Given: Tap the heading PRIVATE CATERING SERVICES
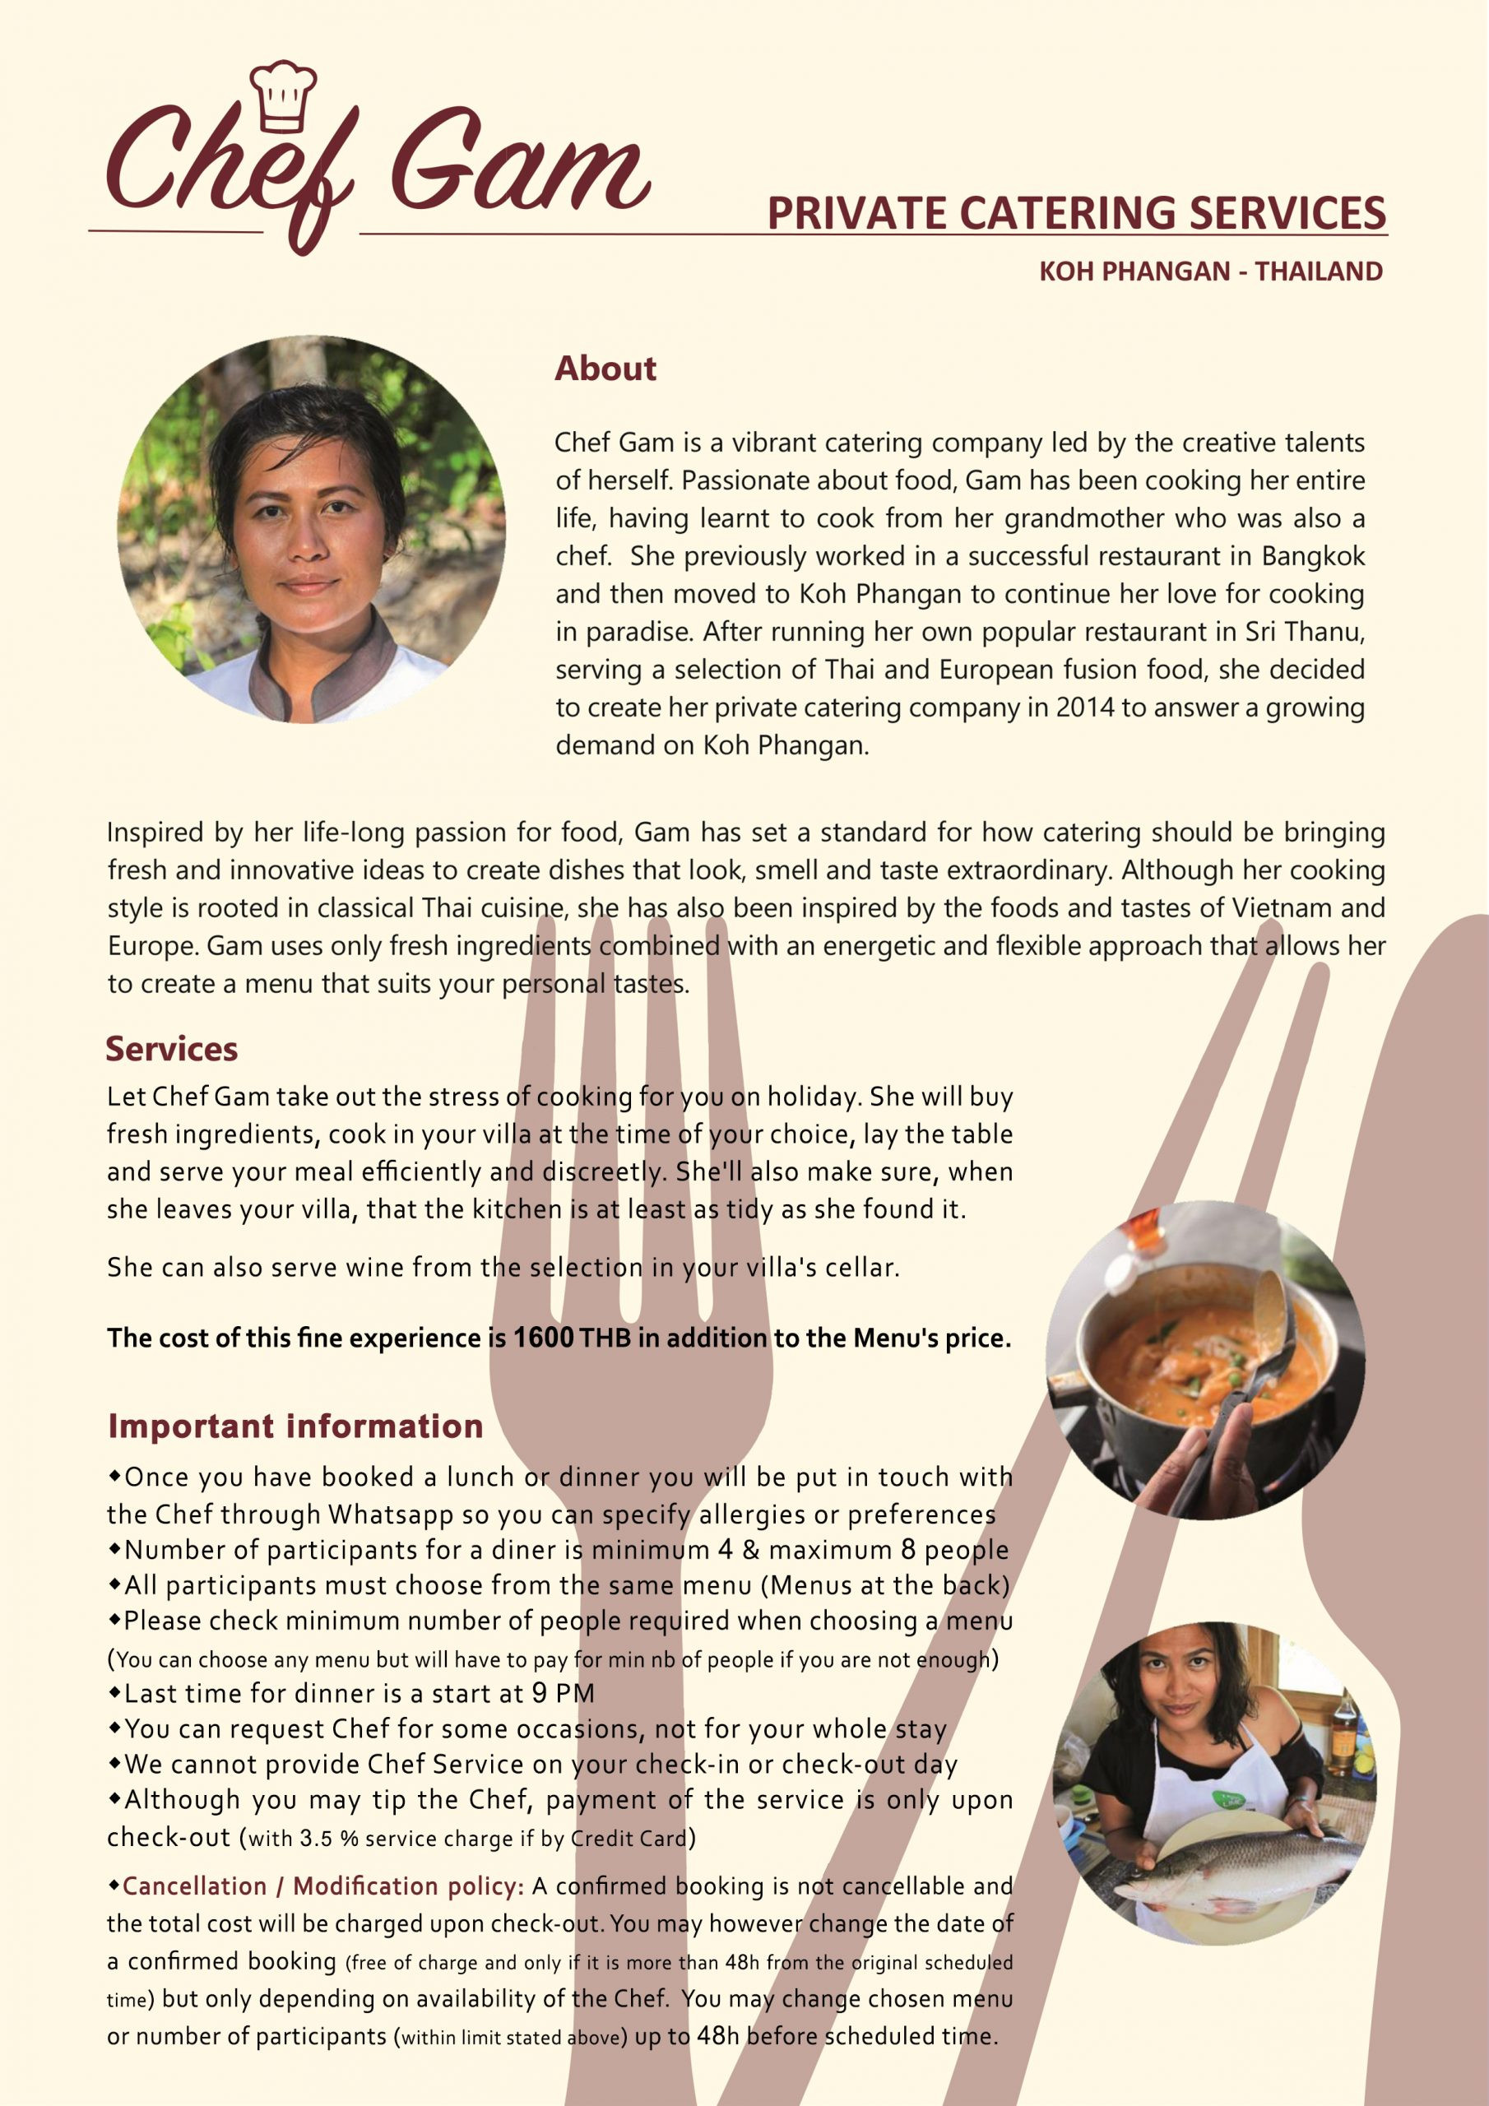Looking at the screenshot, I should click(x=1075, y=213).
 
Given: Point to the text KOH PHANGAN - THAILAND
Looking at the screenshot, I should click(x=1210, y=271).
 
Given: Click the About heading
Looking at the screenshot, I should click(x=605, y=369).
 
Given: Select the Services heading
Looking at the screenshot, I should click(x=172, y=1048).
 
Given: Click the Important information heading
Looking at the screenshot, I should click(x=295, y=1426).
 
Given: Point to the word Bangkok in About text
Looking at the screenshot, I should click(x=1313, y=556).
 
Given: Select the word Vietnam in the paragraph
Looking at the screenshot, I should click(x=1280, y=908).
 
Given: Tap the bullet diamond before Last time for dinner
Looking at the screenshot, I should click(x=114, y=1691).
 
